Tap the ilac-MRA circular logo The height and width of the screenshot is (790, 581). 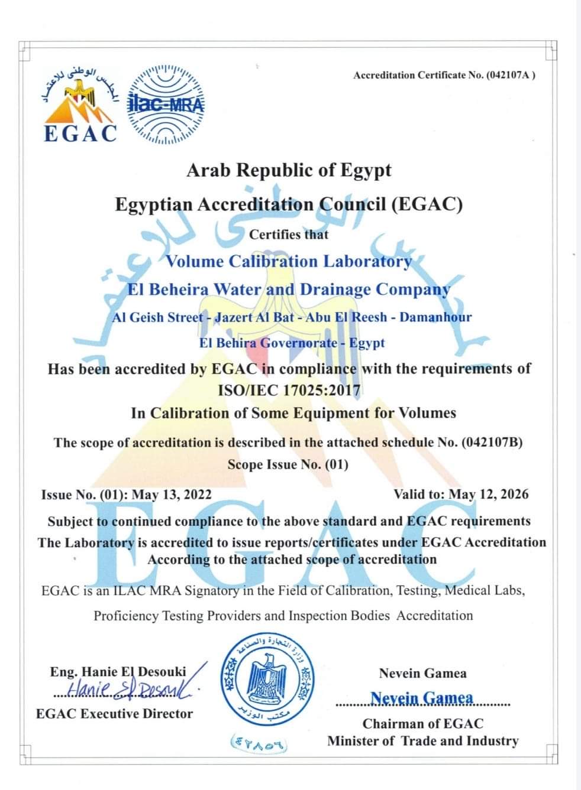click(166, 105)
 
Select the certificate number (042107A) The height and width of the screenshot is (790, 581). click(511, 75)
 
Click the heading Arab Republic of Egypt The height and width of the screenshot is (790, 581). click(289, 170)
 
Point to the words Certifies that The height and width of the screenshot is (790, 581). click(289, 234)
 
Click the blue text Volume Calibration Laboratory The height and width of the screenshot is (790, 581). click(289, 261)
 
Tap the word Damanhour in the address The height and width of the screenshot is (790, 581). click(435, 317)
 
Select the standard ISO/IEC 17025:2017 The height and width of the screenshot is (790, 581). click(289, 390)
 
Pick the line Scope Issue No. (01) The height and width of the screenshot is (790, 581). click(288, 464)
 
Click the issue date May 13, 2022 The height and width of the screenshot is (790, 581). click(172, 495)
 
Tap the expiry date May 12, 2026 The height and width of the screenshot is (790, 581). click(489, 494)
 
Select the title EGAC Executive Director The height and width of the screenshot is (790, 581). click(115, 714)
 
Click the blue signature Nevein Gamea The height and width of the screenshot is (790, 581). click(422, 698)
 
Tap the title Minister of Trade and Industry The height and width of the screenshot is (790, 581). click(422, 741)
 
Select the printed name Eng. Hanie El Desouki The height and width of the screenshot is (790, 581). click(118, 671)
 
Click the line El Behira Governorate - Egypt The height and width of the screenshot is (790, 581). click(292, 343)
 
